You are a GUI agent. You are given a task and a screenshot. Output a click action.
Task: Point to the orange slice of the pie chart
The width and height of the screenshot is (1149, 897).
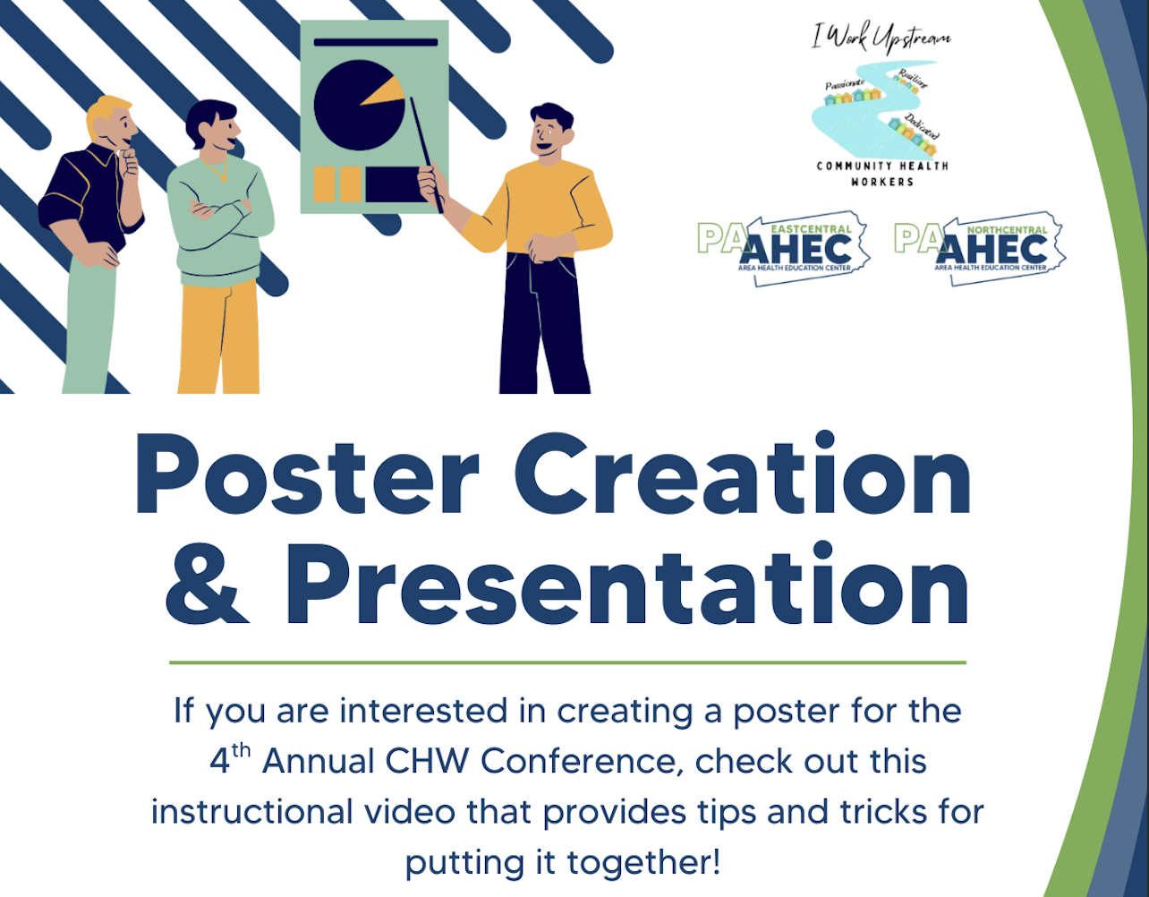tap(383, 92)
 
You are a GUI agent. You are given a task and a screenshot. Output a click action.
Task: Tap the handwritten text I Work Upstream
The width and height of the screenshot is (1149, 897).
tap(881, 38)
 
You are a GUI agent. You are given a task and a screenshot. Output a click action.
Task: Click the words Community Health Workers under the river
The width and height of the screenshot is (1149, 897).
tap(882, 174)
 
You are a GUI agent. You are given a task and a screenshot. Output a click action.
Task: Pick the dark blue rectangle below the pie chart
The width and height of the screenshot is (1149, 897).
tap(394, 184)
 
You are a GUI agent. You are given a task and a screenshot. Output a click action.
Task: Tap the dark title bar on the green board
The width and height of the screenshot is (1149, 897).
tap(376, 42)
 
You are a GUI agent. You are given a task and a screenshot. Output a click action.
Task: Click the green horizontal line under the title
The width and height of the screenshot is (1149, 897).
tap(567, 662)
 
